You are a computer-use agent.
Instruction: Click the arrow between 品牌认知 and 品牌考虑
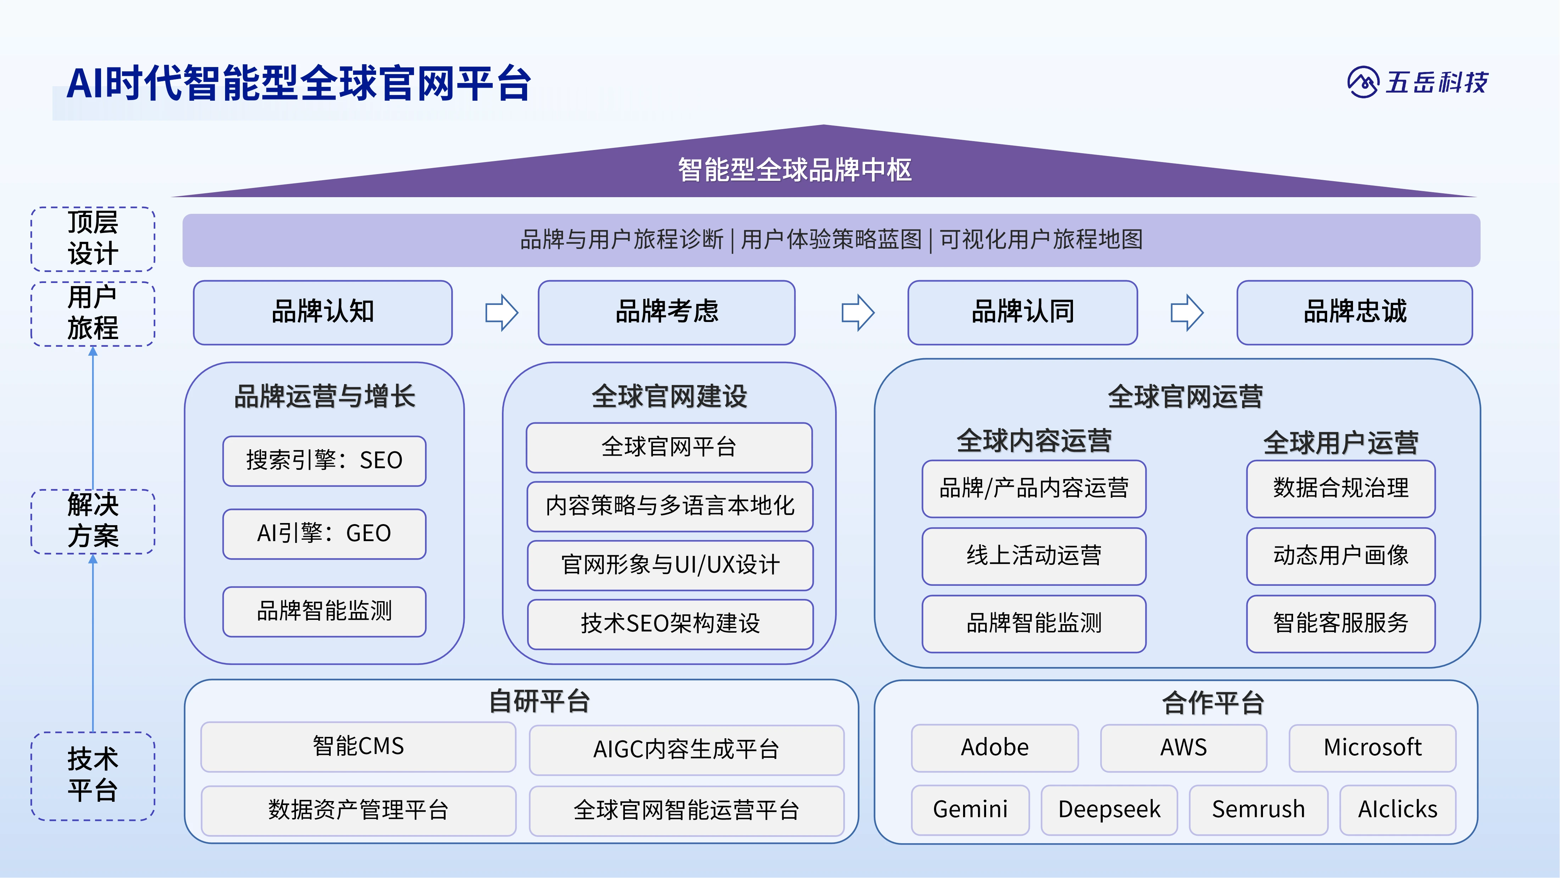click(502, 313)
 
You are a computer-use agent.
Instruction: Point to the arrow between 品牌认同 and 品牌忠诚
click(1187, 313)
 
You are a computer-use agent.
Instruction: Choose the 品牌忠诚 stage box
click(1355, 313)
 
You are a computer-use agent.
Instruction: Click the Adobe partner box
click(995, 748)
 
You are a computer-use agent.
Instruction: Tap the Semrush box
click(1258, 810)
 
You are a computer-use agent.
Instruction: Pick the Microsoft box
click(1372, 748)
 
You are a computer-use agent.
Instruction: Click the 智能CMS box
click(358, 746)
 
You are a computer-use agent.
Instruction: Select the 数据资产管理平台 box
click(358, 811)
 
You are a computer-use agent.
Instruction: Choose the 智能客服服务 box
click(1341, 623)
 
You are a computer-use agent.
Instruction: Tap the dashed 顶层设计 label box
click(93, 239)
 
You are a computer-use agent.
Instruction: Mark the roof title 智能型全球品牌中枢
click(795, 170)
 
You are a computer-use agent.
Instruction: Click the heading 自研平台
click(539, 702)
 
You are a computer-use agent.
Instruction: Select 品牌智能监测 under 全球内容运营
click(1034, 623)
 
